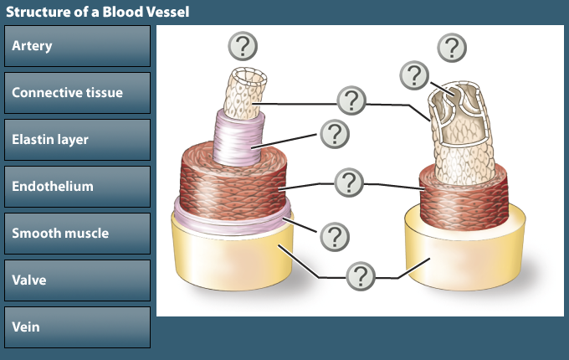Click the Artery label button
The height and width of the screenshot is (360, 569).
pos(77,46)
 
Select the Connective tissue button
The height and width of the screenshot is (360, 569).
pos(77,93)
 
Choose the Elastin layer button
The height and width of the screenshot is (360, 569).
pos(77,140)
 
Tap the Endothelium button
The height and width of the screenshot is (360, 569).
pos(77,187)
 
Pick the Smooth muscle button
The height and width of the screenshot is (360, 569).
pos(77,234)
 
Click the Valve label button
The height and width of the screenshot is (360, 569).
pos(77,280)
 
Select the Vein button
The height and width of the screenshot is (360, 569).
pos(77,327)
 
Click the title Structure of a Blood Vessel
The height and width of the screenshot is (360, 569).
pos(98,12)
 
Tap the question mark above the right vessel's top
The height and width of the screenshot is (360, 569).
pos(453,46)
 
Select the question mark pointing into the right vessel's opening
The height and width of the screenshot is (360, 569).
pos(414,75)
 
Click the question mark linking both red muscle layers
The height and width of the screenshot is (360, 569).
pos(348,182)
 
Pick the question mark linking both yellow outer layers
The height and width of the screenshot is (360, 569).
pos(361,275)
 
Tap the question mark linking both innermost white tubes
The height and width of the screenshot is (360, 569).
pos(352,101)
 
